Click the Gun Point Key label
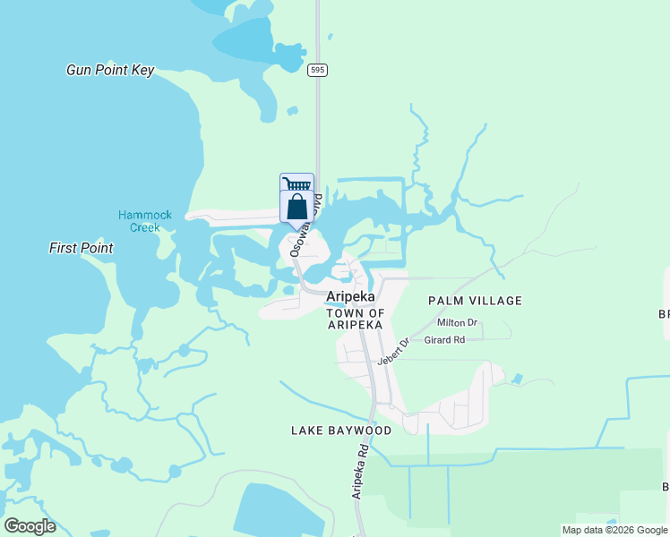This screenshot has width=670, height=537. (110, 70)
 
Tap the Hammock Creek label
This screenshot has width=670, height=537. (139, 221)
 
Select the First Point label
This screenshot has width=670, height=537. (82, 248)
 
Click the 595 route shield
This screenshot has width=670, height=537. (316, 70)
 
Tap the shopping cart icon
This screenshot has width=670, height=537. (296, 183)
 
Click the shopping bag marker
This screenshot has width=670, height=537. (297, 207)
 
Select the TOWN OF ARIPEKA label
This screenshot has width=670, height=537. (355, 319)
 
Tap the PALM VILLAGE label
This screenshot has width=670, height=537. (475, 301)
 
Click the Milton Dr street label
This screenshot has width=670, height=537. (457, 322)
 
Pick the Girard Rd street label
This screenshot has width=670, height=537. (444, 340)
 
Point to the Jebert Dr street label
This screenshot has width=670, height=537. (392, 351)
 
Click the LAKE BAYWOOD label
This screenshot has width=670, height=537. (341, 430)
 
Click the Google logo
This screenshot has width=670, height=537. (30, 526)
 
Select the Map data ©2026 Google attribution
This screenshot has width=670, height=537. (614, 530)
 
